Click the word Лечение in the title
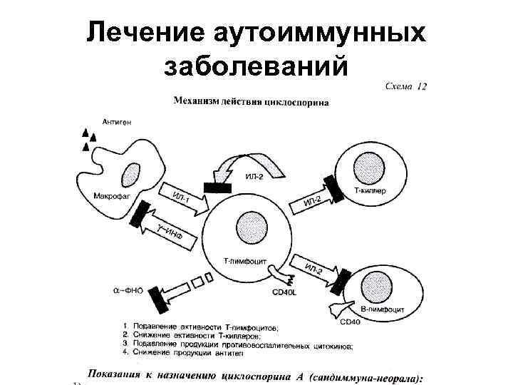[143, 32]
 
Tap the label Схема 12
[405, 87]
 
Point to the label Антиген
[116, 122]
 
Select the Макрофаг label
[109, 196]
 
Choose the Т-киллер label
[370, 192]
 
